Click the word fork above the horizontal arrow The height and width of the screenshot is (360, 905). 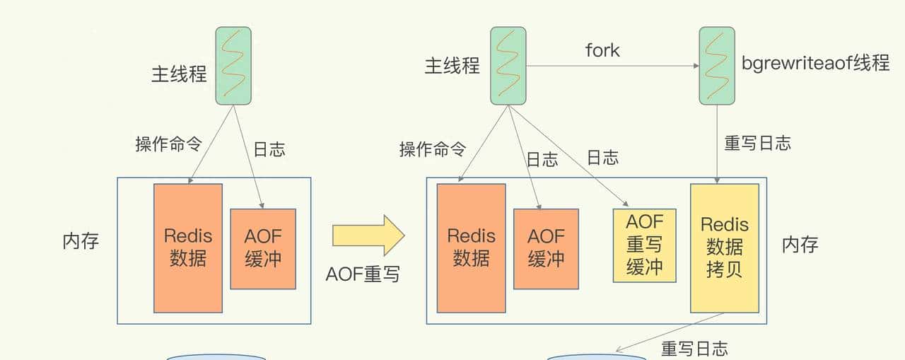tap(602, 50)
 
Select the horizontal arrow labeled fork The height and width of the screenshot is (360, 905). tap(612, 66)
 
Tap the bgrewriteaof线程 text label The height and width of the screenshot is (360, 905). tap(815, 64)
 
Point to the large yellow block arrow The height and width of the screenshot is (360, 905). tap(368, 236)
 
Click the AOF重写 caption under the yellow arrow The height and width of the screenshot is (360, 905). tap(363, 274)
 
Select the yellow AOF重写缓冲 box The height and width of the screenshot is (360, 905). tap(644, 245)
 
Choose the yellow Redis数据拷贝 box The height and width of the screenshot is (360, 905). tap(724, 248)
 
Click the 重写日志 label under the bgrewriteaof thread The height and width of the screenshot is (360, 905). tap(757, 143)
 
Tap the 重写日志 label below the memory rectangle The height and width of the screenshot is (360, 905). tap(694, 349)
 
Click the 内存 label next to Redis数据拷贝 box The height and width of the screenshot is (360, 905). tap(800, 245)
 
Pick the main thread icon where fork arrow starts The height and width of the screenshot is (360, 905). tap(508, 66)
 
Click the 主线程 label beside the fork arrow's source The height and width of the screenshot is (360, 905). tap(452, 66)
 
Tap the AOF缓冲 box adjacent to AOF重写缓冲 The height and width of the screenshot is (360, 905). tap(546, 248)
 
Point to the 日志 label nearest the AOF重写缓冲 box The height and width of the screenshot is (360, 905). tap(603, 158)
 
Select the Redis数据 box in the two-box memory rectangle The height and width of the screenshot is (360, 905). tap(188, 248)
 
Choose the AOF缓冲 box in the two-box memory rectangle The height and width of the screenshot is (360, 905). tap(263, 248)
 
